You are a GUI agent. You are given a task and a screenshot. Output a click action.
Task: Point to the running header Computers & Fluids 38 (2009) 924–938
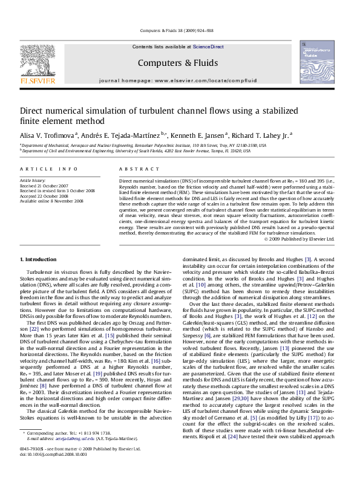(x=179, y=30)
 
